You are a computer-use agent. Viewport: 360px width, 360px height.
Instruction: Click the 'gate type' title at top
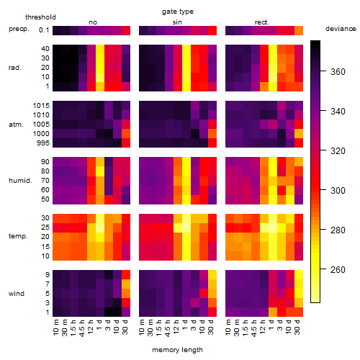[x=178, y=12]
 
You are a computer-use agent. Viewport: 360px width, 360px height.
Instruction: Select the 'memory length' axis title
[x=177, y=350]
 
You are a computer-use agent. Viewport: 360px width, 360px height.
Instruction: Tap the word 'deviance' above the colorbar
[x=341, y=29]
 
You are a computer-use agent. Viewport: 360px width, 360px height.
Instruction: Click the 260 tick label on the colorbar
[x=338, y=270]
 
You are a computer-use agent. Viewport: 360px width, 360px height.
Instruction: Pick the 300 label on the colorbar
[x=338, y=191]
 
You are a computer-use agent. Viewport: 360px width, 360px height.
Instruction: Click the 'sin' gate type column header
[x=177, y=22]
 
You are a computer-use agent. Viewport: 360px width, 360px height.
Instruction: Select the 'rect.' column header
[x=261, y=22]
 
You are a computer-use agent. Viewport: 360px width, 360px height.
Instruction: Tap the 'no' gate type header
[x=93, y=22]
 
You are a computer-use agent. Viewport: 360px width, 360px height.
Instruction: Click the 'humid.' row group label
[x=20, y=181]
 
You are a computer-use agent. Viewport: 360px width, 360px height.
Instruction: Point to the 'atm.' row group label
[x=16, y=125]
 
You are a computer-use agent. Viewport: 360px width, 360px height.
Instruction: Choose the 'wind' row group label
[x=17, y=294]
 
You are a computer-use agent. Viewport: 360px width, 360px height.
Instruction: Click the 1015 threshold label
[x=41, y=106]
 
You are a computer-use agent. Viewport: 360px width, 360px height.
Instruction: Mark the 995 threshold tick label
[x=43, y=143]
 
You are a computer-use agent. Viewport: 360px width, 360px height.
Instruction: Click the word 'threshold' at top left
[x=40, y=17]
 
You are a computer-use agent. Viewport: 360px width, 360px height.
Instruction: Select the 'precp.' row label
[x=19, y=29]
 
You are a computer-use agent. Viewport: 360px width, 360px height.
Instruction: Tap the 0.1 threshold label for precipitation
[x=44, y=30]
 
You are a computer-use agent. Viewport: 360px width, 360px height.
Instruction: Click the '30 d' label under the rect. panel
[x=297, y=328]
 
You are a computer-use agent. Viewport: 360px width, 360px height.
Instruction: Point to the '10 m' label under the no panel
[x=55, y=328]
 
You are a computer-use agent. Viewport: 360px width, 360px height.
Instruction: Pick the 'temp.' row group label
[x=18, y=236]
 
